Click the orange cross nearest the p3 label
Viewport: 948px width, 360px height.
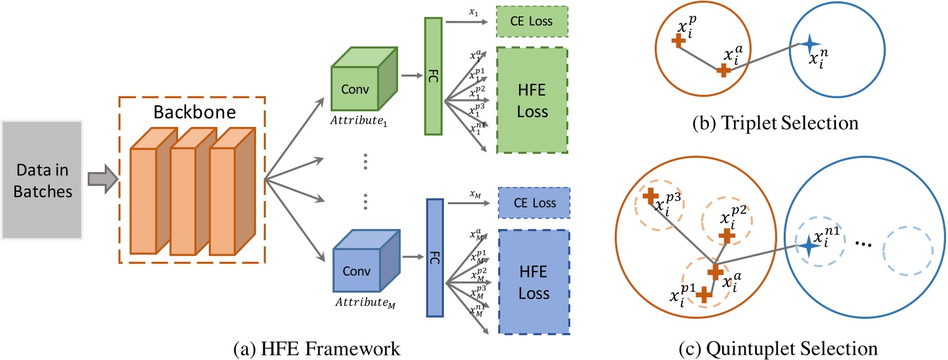coord(650,195)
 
